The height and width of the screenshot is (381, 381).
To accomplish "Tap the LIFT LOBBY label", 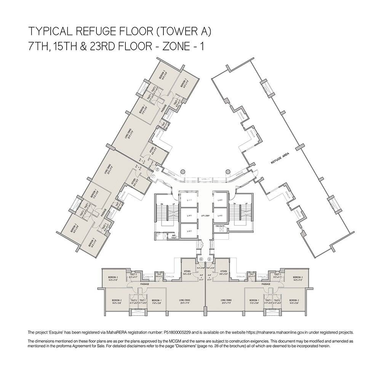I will coord(205,215).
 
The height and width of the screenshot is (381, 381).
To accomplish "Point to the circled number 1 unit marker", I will coord(153,176).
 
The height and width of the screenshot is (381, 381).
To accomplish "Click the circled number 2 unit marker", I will coord(157,170).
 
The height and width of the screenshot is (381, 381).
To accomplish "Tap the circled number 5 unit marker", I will coord(209,259).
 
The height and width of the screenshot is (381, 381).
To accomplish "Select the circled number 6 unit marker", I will coord(201,259).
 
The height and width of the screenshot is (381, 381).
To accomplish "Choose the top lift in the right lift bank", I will coord(220,200).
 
